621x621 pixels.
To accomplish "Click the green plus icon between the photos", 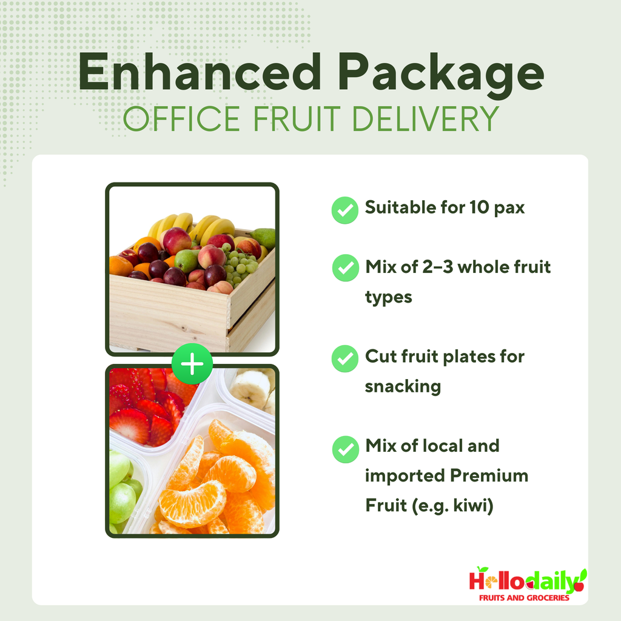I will point(192,364).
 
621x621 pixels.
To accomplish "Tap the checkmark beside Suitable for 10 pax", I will point(345,210).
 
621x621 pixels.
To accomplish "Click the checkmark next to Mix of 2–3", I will point(345,268).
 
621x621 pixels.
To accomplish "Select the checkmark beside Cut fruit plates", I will point(345,358).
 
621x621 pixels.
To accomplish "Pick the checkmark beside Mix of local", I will point(345,449).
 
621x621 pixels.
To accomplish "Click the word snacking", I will point(403,386).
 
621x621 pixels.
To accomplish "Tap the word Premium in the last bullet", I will point(488,475).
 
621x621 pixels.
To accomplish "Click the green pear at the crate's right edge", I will point(264,238).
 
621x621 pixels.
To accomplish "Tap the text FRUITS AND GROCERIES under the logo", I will point(524,598).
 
